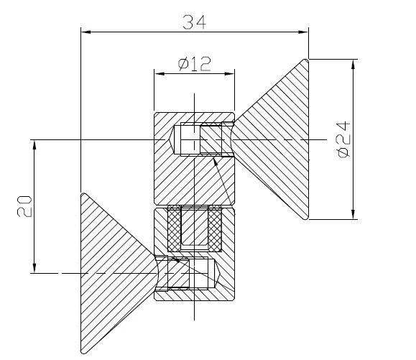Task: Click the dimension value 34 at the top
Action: point(194,22)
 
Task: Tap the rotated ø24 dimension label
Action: point(342,139)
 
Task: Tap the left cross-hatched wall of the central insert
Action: point(174,228)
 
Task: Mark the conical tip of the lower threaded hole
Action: point(216,273)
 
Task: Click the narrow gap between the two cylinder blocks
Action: point(194,206)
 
